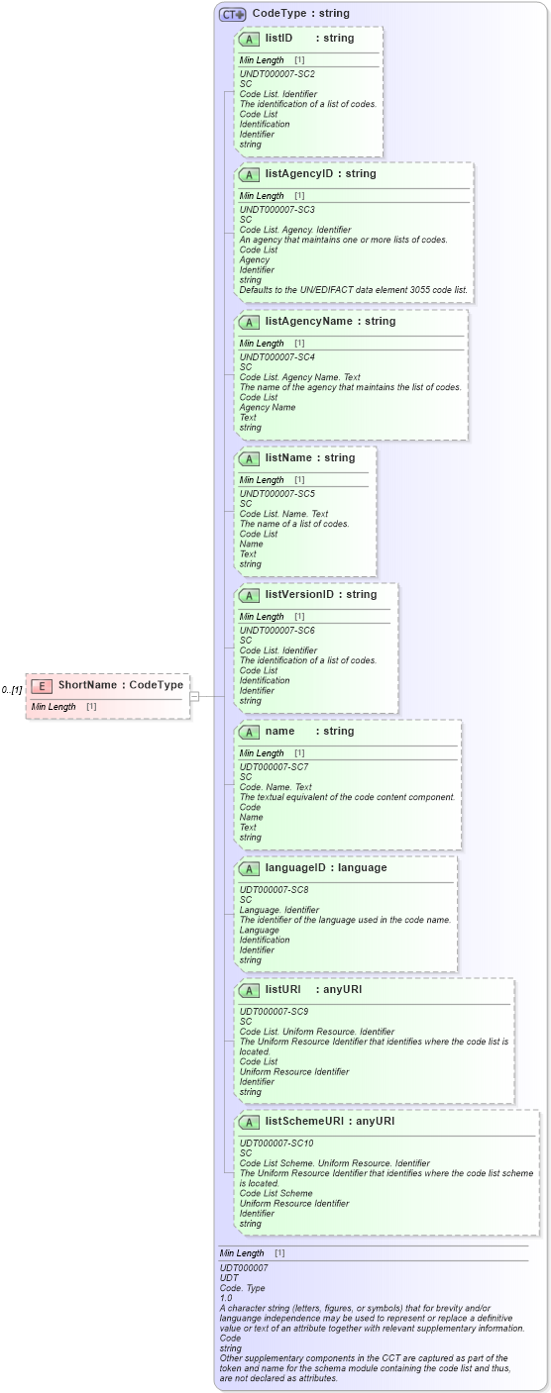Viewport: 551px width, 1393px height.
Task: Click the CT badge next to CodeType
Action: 233,15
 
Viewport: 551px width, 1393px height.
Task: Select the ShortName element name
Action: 88,685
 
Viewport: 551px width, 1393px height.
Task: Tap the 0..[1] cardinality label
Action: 12,690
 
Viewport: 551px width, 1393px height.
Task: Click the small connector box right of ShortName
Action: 194,696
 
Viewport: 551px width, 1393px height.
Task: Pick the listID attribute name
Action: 278,39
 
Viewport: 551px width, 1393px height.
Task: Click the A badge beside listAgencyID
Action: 250,174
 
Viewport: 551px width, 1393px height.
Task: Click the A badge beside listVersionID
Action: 250,595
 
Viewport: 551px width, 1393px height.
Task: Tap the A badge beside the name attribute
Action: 250,732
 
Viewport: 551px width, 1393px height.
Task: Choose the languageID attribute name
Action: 298,868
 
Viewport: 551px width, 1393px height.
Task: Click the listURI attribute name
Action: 282,990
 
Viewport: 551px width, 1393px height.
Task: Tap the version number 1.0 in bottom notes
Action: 226,1298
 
